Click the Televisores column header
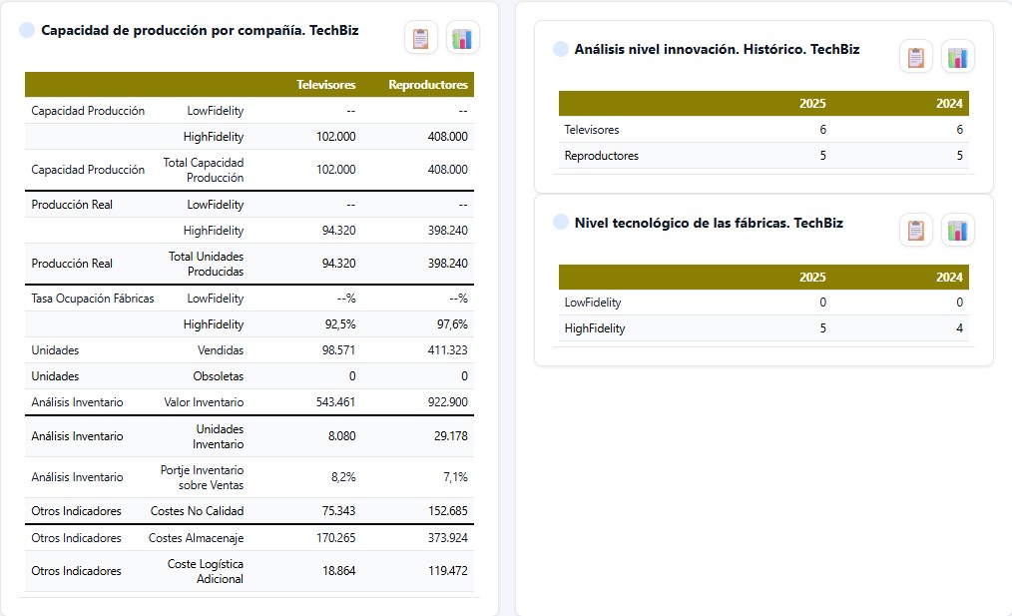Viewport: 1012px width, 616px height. tap(326, 85)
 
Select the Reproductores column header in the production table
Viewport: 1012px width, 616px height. tap(428, 85)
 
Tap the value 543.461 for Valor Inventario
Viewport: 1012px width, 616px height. tap(335, 402)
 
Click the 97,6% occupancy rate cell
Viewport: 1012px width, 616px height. tap(452, 324)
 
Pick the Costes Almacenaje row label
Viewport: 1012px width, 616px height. tap(197, 538)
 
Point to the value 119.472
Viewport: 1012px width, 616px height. tap(448, 571)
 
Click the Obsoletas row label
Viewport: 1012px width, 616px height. tap(219, 375)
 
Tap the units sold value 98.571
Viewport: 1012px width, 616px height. tap(339, 350)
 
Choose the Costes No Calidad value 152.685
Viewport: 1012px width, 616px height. tap(448, 511)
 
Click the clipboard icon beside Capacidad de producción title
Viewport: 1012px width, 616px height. tap(421, 38)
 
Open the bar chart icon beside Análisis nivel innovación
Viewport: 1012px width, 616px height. tap(958, 58)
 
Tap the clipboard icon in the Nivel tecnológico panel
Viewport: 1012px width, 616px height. tap(916, 230)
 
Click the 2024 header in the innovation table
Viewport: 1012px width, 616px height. tap(949, 103)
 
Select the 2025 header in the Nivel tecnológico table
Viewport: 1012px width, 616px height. tap(812, 277)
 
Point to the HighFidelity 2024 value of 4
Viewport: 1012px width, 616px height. tap(960, 328)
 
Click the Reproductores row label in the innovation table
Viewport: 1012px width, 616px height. tap(602, 156)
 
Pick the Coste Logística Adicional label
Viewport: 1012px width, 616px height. tap(206, 571)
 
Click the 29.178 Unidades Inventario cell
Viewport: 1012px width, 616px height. tap(450, 436)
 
